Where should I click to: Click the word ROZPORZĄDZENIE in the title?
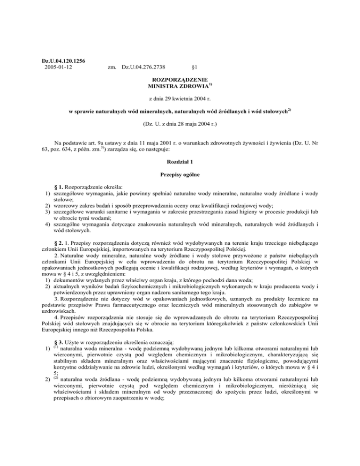[x=180, y=80]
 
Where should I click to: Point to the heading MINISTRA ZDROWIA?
[x=178, y=87]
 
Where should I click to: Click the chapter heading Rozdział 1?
[x=180, y=161]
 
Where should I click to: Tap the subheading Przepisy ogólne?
[x=180, y=175]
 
